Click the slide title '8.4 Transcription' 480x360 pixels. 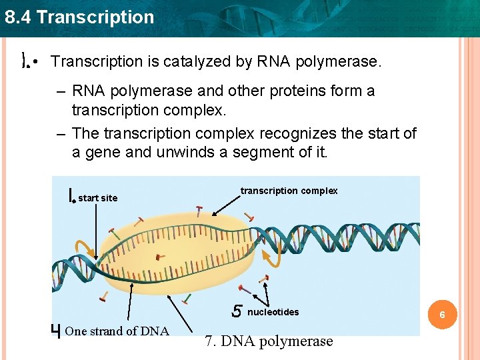click(79, 17)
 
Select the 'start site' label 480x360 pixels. click(97, 198)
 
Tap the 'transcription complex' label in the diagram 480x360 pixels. click(289, 191)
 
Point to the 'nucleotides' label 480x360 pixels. click(273, 312)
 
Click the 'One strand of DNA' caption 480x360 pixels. click(118, 331)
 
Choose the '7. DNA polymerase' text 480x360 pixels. click(269, 341)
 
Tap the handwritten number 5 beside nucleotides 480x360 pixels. click(237, 311)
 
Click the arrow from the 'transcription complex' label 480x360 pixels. click(228, 207)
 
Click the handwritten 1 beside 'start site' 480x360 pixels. click(71, 195)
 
